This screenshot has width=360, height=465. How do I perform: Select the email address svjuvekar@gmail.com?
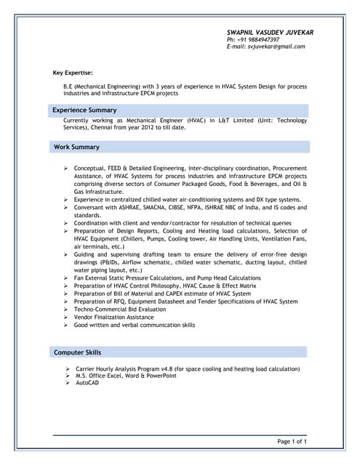276,46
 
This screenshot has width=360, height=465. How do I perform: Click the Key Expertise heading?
73,73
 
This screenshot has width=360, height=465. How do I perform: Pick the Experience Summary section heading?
85,110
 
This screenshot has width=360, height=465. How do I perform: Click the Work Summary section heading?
76,147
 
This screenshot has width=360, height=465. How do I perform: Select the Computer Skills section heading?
78,352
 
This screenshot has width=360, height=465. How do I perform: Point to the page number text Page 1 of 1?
292,441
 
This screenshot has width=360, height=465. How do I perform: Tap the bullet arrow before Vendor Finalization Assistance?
66,318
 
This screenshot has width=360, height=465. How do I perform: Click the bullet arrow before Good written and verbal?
66,325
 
